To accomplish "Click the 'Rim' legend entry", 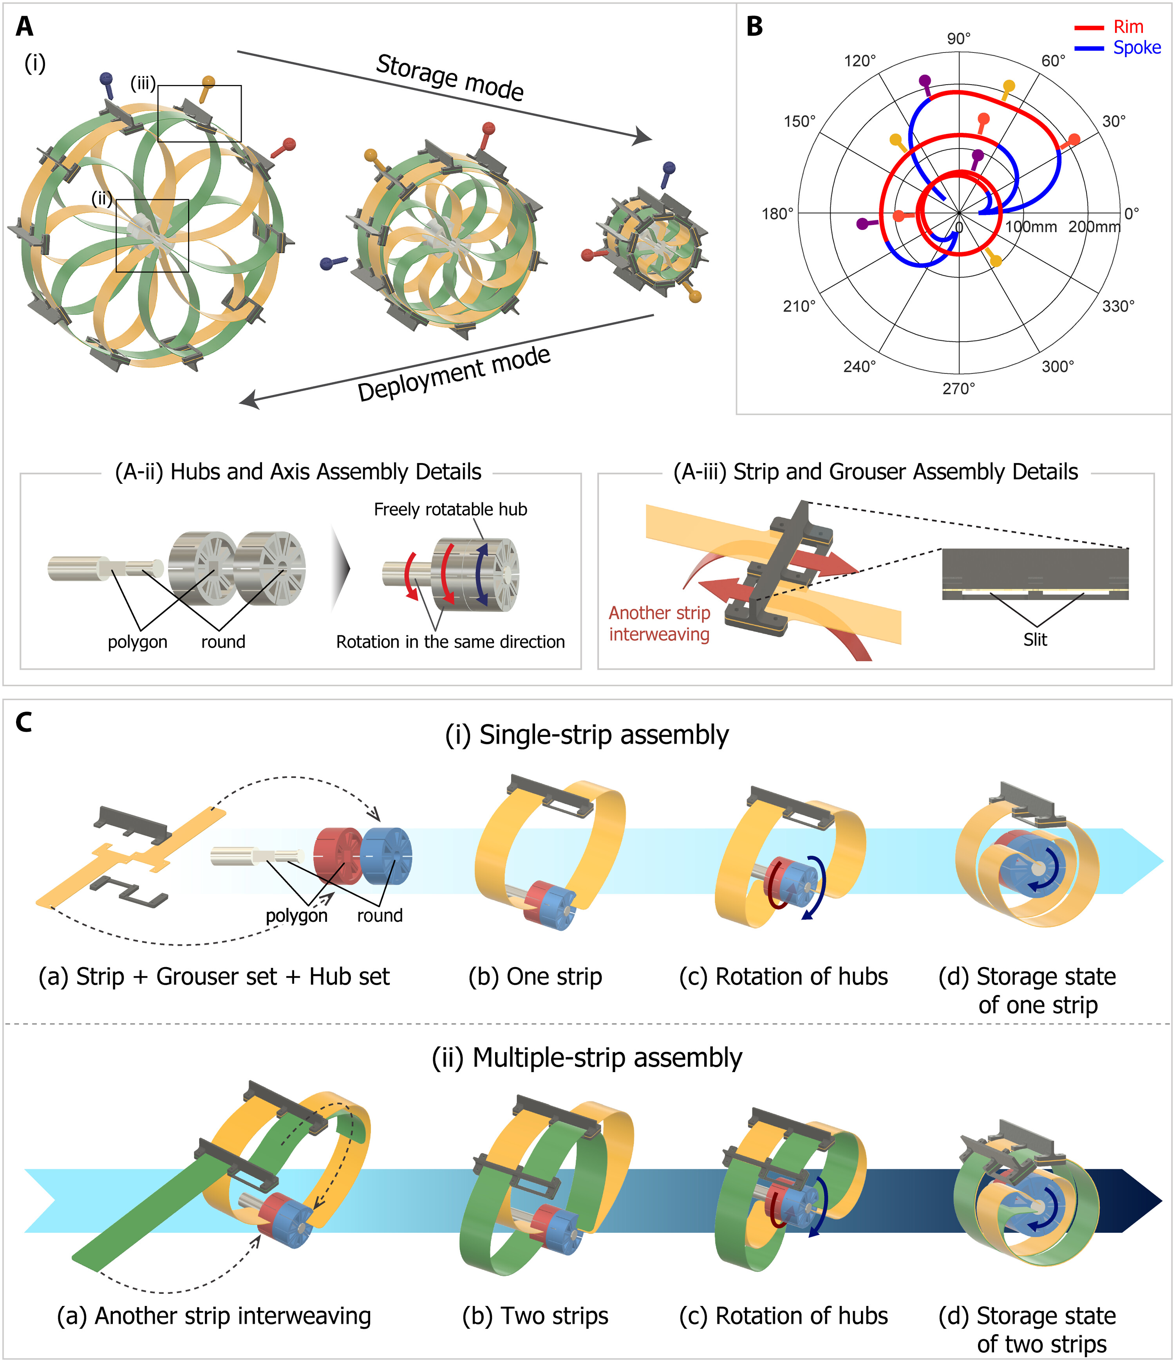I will pos(1128,27).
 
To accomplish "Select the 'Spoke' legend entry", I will pos(1136,48).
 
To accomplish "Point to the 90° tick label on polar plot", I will pos(959,39).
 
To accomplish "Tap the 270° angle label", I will pos(959,389).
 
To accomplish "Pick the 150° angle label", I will pos(799,121).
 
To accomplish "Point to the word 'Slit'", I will pos(1035,640).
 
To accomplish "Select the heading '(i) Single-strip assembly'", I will pos(587,735).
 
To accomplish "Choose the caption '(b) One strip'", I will pos(535,977).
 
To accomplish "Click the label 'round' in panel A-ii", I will pos(223,642).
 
